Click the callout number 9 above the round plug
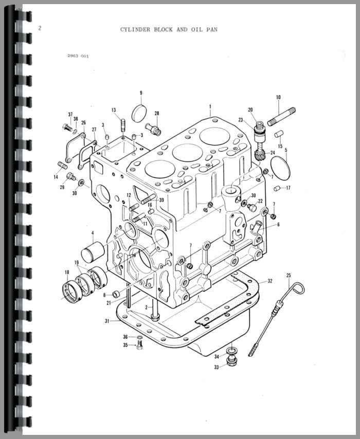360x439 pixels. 141,93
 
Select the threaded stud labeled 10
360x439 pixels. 281,117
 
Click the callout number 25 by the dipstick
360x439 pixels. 289,276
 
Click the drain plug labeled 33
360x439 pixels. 232,361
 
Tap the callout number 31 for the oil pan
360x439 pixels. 107,321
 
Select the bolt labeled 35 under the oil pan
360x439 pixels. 140,345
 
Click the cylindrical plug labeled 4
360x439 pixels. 93,252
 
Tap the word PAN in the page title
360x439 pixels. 212,29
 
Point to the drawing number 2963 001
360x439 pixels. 78,56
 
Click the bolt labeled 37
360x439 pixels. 67,127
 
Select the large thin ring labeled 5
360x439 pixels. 280,168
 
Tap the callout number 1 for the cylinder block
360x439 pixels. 210,107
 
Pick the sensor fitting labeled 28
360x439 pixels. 153,129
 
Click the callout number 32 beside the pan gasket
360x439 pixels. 270,281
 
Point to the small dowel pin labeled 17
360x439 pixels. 277,188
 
